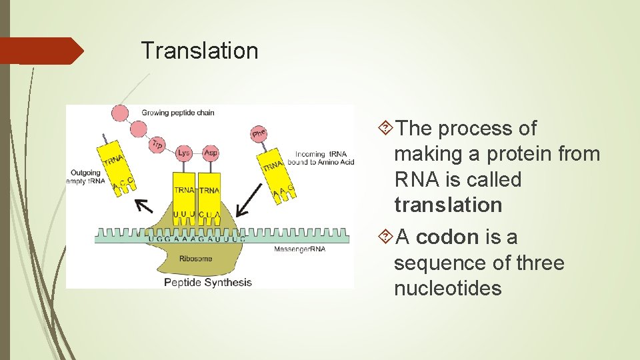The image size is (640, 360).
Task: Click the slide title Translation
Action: pos(199,51)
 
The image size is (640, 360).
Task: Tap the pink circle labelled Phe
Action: pos(259,134)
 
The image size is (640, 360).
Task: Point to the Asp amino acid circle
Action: pos(211,153)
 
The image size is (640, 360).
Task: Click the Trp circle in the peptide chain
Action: pos(158,143)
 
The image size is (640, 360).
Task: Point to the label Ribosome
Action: pos(195,258)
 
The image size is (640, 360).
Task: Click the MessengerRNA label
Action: pos(300,249)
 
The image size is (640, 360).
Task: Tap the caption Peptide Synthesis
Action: pos(208,282)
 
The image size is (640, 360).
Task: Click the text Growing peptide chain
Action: pos(178,113)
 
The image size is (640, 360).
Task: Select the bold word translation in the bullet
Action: pos(448,205)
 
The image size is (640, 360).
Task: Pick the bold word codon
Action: pos(447,237)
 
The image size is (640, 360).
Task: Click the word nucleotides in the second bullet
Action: pos(447,289)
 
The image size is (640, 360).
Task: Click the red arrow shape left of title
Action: pos(42,51)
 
